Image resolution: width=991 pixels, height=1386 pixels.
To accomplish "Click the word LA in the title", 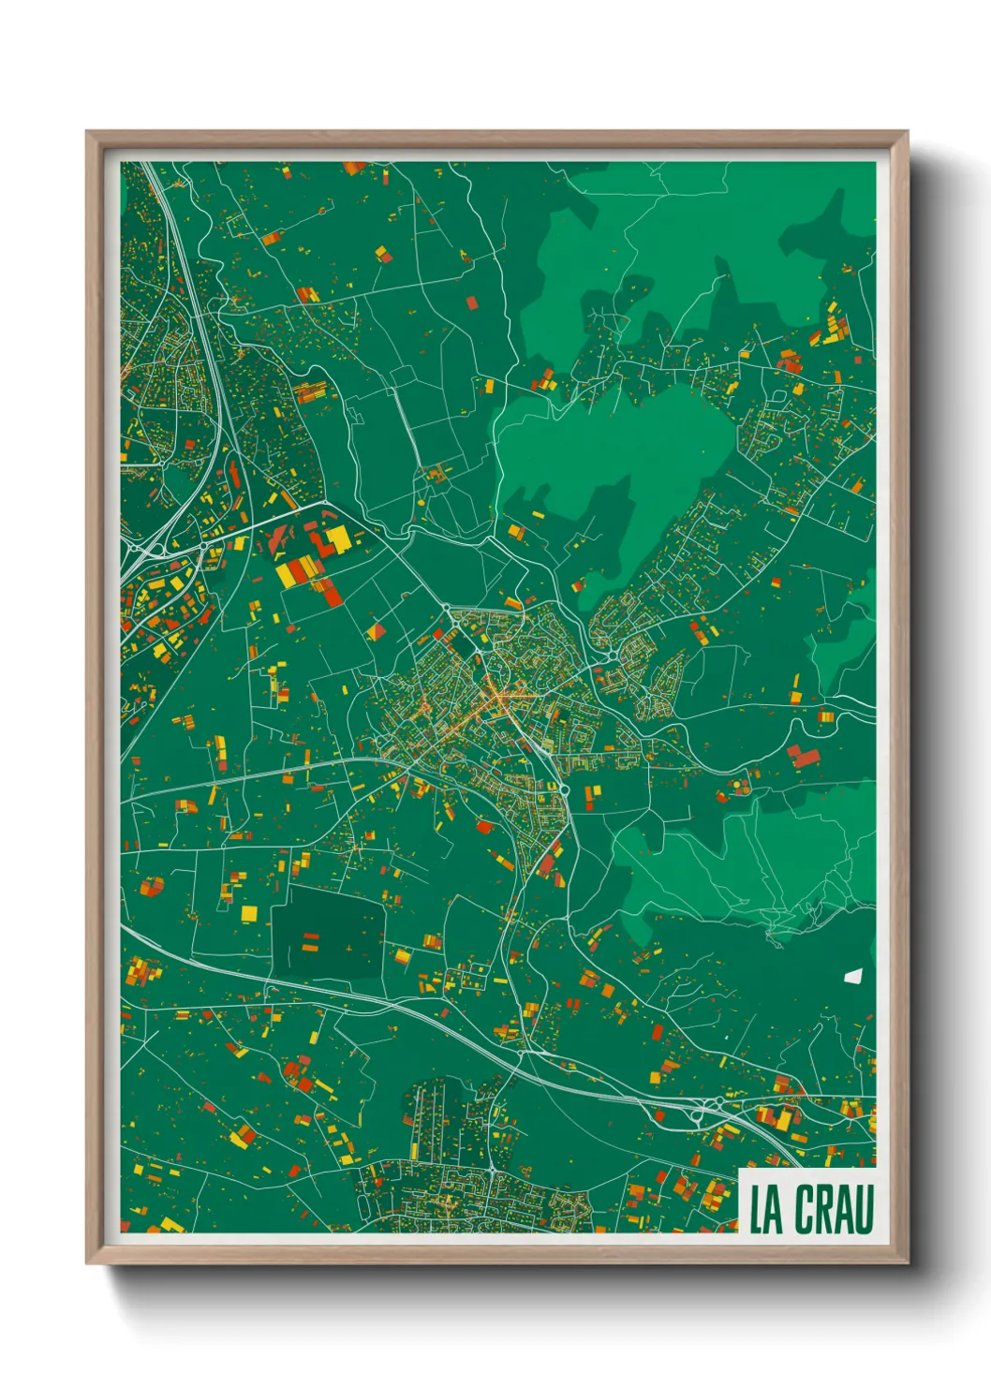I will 766,1210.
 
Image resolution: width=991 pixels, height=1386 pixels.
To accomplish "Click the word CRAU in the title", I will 835,1209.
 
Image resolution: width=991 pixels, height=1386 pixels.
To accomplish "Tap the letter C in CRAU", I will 806,1209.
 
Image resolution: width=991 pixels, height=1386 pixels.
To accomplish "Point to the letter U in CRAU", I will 864,1209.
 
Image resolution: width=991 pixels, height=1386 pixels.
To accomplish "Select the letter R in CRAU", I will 826,1209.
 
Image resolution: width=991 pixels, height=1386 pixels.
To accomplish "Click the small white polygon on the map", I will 851,976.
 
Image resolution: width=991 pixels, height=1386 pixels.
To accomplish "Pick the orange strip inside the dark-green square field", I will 310,949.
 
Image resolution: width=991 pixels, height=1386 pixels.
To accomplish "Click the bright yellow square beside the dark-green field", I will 249,912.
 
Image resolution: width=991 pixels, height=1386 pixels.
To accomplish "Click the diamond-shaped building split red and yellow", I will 377,632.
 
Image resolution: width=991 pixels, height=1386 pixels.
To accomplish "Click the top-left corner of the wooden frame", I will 87,132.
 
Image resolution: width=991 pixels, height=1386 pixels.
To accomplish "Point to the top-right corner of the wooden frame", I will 907,132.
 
